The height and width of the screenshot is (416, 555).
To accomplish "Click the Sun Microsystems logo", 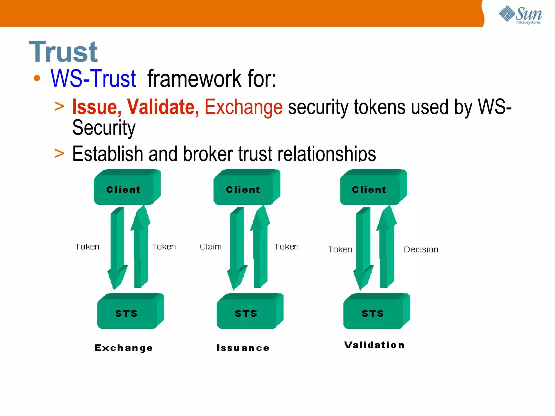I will tap(520, 15).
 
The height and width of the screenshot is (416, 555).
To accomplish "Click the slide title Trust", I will tap(63, 52).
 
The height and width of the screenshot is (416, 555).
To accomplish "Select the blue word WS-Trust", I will tap(93, 79).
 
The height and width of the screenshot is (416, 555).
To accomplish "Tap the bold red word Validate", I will tap(163, 107).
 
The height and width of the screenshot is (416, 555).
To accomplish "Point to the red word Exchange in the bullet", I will tap(243, 107).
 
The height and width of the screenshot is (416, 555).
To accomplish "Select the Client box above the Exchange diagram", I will tap(124, 189).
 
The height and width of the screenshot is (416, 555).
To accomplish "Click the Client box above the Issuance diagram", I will tap(243, 189).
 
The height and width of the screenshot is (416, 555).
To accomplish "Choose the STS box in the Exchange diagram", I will tap(127, 313).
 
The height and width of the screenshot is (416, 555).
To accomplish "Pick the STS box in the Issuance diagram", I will tap(246, 313).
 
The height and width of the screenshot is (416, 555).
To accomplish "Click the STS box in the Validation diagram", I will tap(373, 313).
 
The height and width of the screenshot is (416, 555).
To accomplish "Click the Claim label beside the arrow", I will tap(211, 247).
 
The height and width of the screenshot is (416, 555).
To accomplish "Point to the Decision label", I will tap(421, 249).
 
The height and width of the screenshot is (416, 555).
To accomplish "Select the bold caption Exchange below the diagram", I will tap(124, 348).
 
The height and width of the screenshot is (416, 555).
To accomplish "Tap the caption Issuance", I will tap(243, 348).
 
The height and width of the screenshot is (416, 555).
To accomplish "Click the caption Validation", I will tap(375, 345).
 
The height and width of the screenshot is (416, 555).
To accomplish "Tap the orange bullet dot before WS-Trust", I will tap(37, 79).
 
